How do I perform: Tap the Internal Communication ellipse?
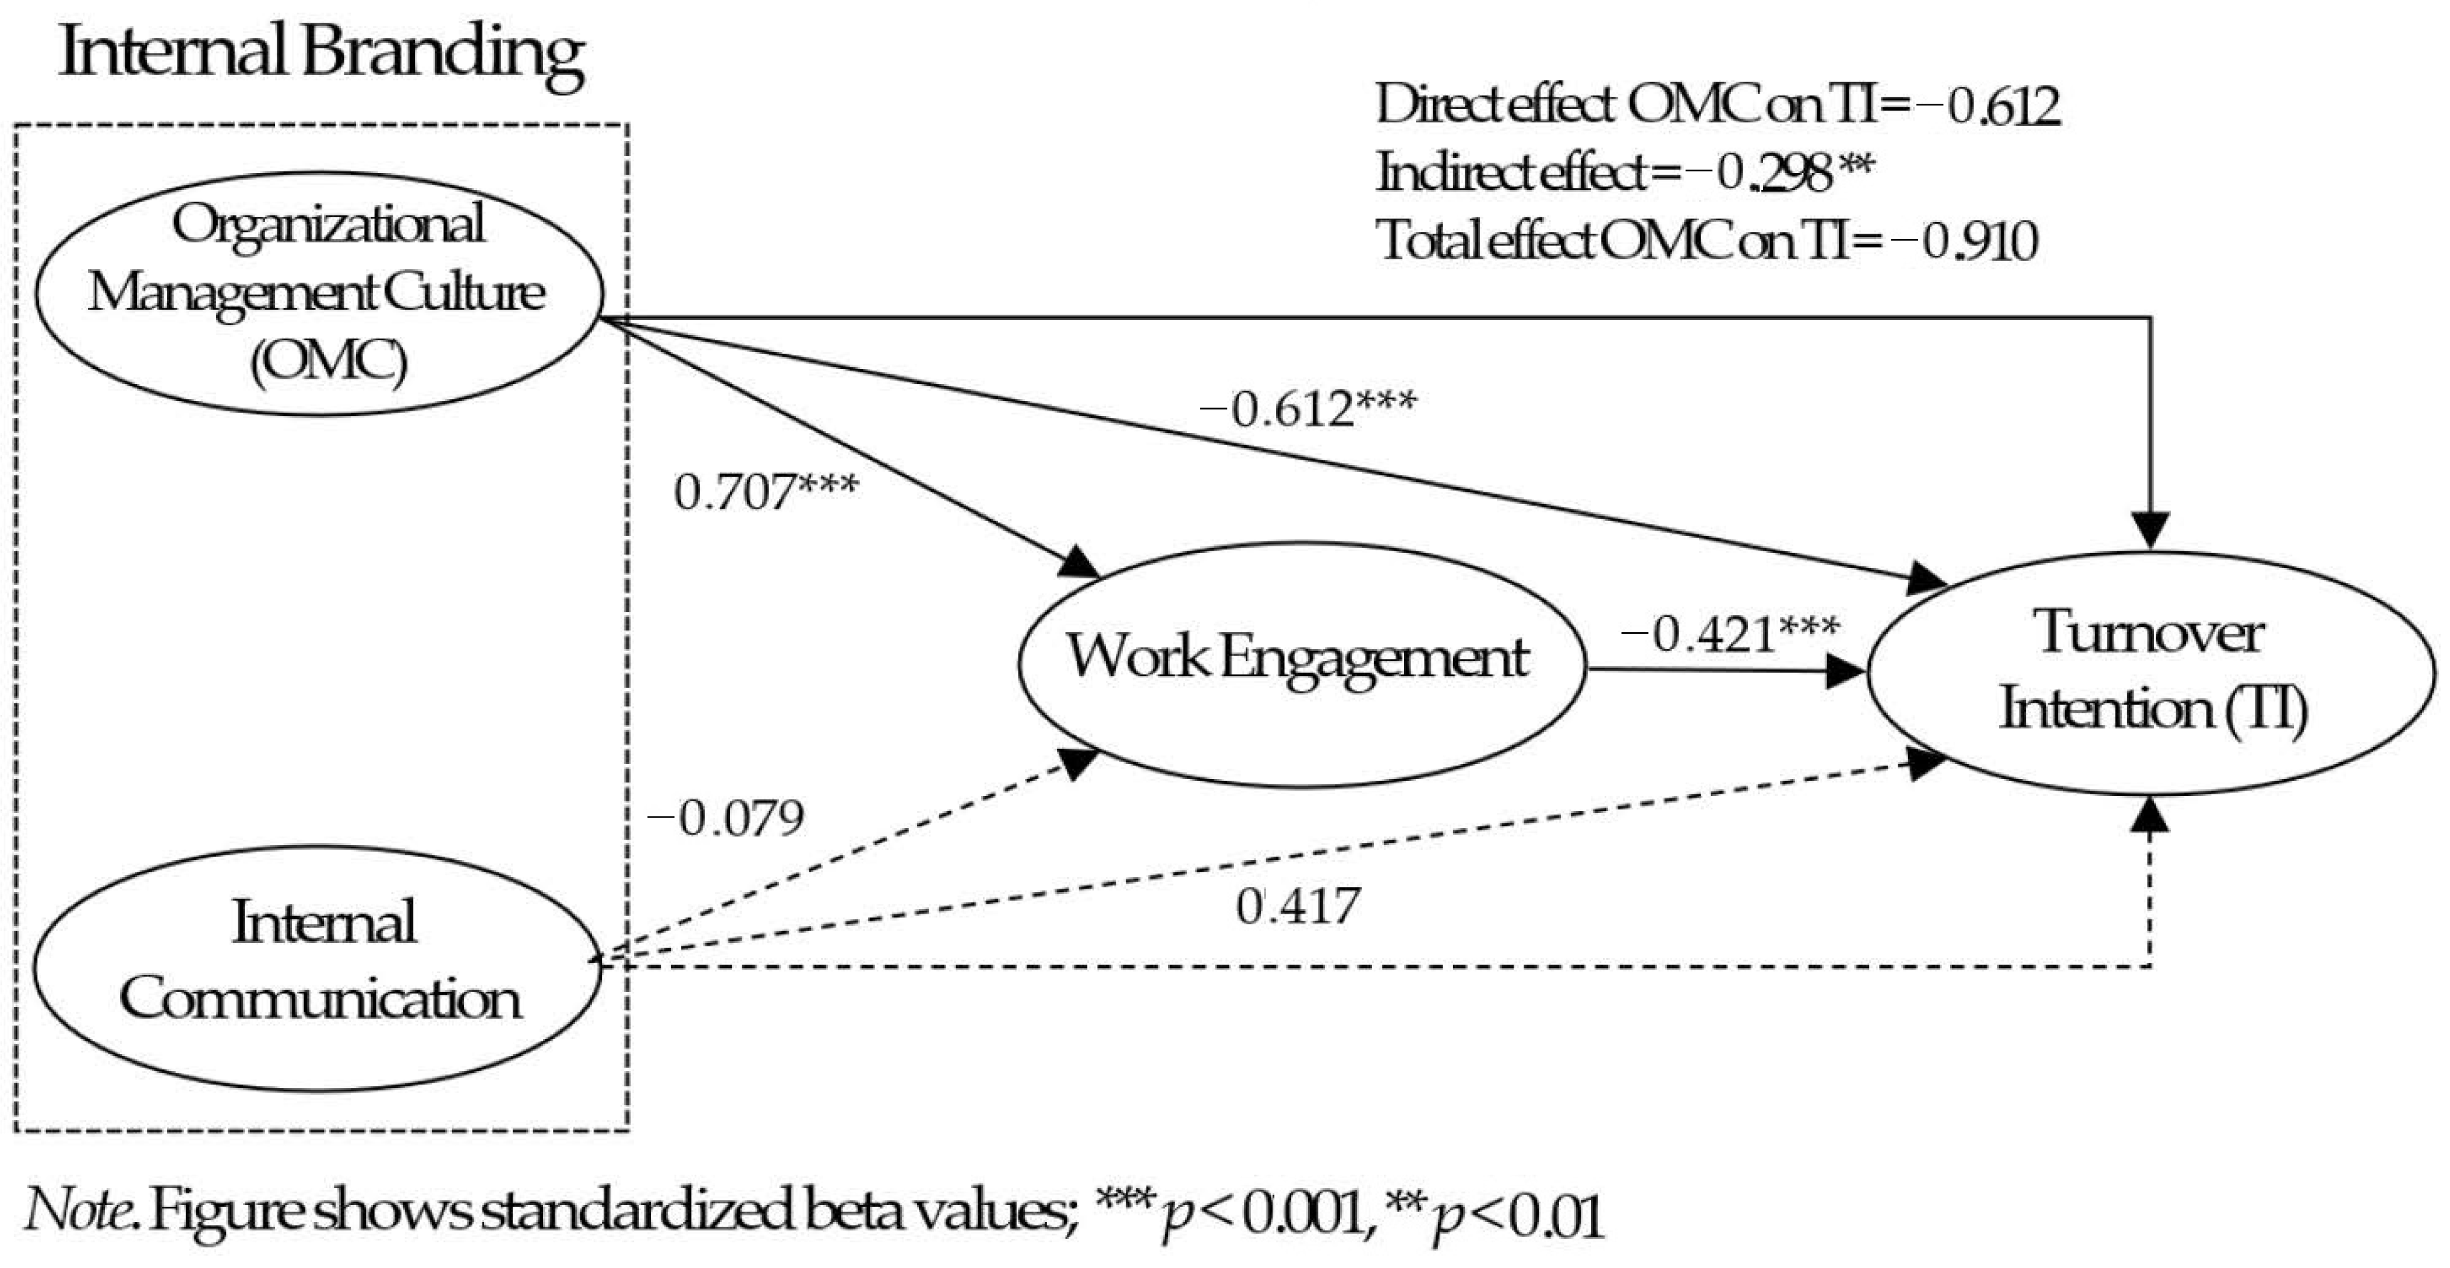318,967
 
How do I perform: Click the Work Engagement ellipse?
1301,664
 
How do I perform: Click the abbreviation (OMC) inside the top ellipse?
329,361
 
